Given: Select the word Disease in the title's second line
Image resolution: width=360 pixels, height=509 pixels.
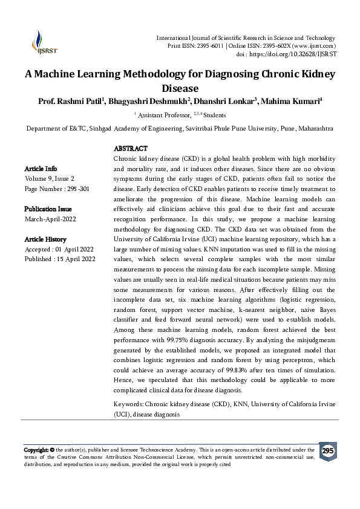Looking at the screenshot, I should click(x=180, y=88).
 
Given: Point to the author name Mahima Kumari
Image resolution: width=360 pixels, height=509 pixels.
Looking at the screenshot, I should click(x=292, y=101).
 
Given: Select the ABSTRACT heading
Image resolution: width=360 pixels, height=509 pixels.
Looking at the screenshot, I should click(x=131, y=149).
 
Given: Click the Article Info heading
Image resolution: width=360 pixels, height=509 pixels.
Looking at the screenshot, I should click(x=41, y=169).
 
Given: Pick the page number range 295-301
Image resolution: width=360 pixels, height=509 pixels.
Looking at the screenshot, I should click(x=78, y=189).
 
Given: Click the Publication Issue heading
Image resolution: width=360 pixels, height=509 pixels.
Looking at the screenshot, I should click(x=48, y=209).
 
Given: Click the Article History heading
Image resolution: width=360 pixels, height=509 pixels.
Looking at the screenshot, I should click(x=45, y=239).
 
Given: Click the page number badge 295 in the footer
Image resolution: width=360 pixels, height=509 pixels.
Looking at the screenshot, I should click(x=327, y=452).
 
